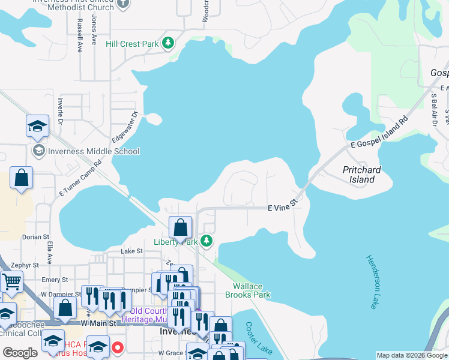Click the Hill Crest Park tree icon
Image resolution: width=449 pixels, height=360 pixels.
pos(169,43)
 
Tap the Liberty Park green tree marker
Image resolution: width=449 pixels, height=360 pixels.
pos(206,241)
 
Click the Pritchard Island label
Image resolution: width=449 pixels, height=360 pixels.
pos(361,175)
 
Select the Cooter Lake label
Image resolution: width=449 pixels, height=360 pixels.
pos(258,338)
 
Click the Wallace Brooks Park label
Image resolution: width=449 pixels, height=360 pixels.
pos(247,290)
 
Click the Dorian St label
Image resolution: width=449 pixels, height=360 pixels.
pos(35,237)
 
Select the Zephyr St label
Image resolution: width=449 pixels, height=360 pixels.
pos(24,264)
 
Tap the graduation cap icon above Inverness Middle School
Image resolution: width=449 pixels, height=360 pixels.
pos(37,127)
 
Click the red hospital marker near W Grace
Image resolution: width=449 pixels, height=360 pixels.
pos(118,347)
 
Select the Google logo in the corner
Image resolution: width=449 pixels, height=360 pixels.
pos(20,353)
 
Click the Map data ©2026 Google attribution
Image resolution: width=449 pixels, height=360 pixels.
pos(411,355)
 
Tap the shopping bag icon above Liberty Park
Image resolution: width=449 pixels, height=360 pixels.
pos(180,227)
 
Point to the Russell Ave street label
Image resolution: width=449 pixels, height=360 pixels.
pos(79,35)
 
